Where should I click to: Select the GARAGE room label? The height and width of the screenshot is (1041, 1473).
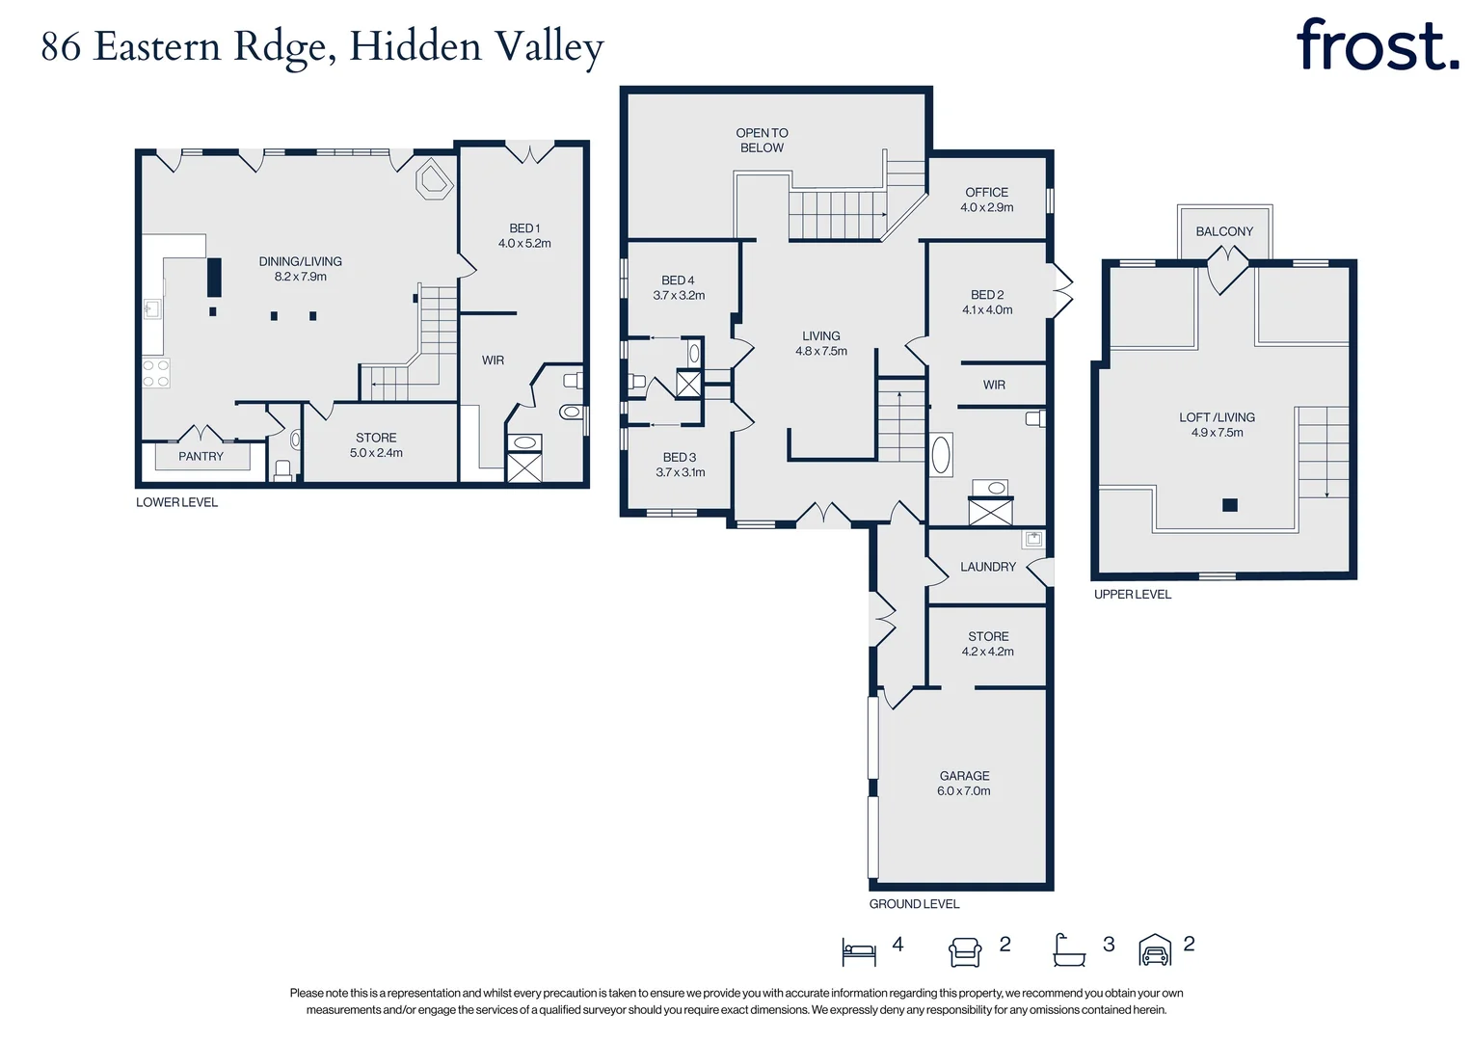click(964, 776)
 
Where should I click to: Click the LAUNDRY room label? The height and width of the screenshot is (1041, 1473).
click(987, 567)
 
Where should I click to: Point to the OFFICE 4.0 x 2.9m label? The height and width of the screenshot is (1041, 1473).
click(986, 200)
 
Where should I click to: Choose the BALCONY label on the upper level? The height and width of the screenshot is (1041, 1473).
click(1224, 231)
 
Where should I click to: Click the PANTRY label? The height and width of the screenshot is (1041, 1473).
click(201, 457)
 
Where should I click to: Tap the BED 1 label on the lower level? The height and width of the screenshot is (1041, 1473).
click(524, 228)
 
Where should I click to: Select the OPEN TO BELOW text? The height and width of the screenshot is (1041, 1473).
click(762, 141)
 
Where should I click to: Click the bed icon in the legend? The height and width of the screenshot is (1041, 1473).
click(859, 951)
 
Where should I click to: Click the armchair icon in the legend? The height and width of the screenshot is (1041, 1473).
click(965, 951)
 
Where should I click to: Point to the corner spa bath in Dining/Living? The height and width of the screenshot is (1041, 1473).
click(434, 180)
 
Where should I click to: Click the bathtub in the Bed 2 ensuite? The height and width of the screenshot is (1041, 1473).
click(941, 454)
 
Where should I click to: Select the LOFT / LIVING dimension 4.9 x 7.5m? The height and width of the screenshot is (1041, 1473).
click(1217, 433)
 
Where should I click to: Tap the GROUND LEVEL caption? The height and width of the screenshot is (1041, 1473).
click(914, 904)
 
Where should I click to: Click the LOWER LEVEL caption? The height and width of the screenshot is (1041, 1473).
click(176, 502)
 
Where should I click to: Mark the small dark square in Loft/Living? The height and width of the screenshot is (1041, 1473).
click(1229, 504)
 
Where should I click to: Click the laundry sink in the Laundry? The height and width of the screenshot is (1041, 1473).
click(1033, 539)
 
